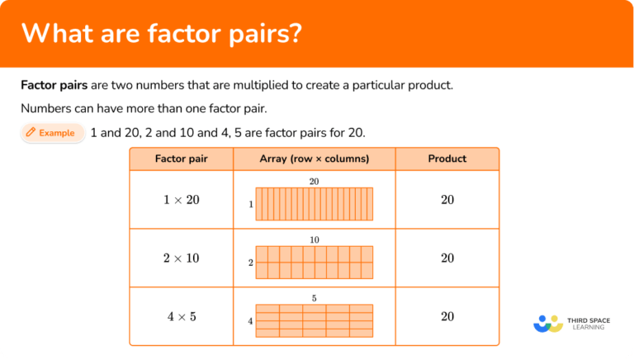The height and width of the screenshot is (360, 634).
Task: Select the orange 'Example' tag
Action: click(52, 133)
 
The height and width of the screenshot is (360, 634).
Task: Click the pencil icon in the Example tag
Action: click(31, 133)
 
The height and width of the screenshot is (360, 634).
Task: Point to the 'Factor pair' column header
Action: click(181, 159)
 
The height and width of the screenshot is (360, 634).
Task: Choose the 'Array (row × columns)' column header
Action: click(314, 159)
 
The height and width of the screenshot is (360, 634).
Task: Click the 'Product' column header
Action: click(447, 159)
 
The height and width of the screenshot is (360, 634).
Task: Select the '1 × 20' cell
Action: click(181, 200)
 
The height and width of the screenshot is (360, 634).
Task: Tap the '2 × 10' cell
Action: click(181, 258)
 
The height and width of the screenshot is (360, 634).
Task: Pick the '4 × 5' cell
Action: click(181, 316)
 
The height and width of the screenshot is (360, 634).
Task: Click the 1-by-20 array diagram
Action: click(314, 204)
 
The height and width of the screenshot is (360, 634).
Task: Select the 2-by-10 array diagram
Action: click(314, 262)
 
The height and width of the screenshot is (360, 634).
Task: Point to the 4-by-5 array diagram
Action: click(314, 320)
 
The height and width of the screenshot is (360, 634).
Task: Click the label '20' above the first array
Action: click(314, 182)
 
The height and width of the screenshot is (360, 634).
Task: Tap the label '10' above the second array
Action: click(314, 240)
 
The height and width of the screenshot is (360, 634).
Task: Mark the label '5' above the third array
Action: click(314, 298)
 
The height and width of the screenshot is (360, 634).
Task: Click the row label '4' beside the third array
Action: click(250, 320)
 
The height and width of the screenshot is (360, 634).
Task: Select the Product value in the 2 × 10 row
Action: click(447, 258)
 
